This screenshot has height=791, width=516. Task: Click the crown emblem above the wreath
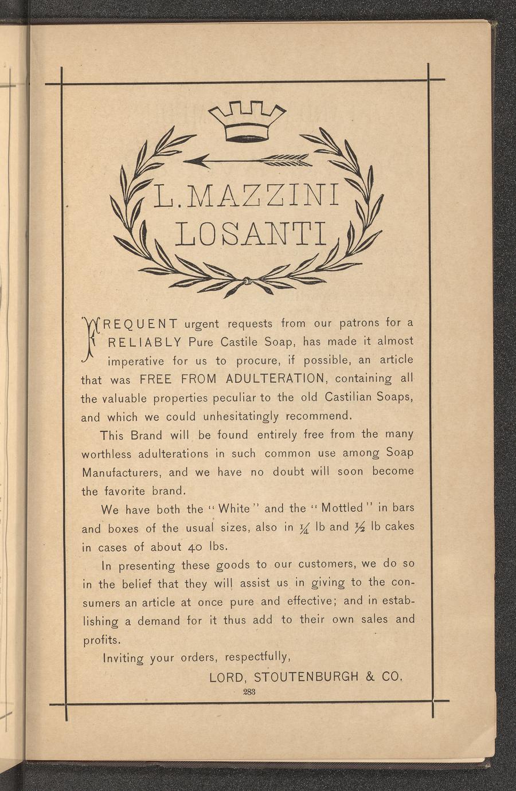pyautogui.click(x=247, y=121)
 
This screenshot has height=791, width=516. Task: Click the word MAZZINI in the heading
pyautogui.click(x=263, y=195)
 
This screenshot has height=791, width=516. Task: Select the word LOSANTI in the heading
pyautogui.click(x=251, y=233)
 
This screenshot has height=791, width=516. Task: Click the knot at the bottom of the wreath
pyautogui.click(x=247, y=281)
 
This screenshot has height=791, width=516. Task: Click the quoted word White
pyautogui.click(x=234, y=508)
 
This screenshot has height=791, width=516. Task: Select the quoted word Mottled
pyautogui.click(x=342, y=508)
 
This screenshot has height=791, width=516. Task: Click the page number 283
pyautogui.click(x=249, y=692)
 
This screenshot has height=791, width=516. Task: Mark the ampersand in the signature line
pyautogui.click(x=370, y=676)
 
